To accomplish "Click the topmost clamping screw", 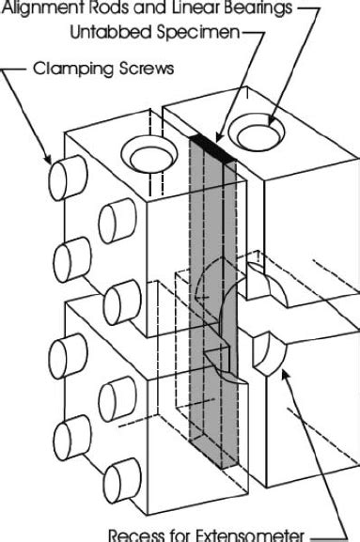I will (64, 175).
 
